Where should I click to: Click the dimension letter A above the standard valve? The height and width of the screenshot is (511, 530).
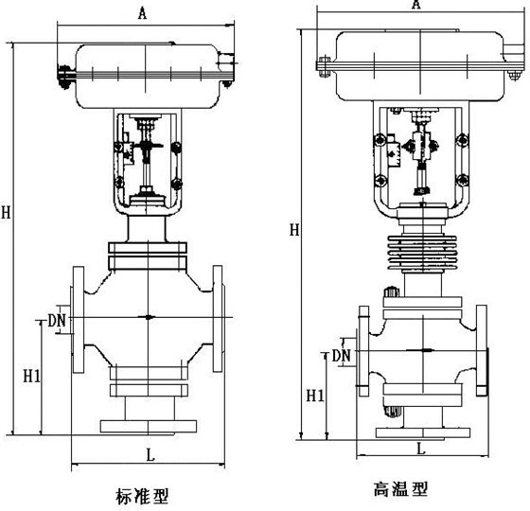[142, 13]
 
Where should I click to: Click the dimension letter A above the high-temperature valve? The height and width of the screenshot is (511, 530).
[415, 5]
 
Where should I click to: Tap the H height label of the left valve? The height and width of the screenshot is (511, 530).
[6, 214]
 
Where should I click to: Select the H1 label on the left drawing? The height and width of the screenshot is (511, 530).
[31, 376]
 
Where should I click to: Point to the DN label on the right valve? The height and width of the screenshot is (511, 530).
[341, 355]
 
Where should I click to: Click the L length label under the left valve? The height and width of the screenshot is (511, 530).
[150, 455]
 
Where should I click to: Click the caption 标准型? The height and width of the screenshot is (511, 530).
[143, 495]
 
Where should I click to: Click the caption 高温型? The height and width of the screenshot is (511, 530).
[400, 489]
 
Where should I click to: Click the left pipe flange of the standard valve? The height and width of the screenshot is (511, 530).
[78, 321]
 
